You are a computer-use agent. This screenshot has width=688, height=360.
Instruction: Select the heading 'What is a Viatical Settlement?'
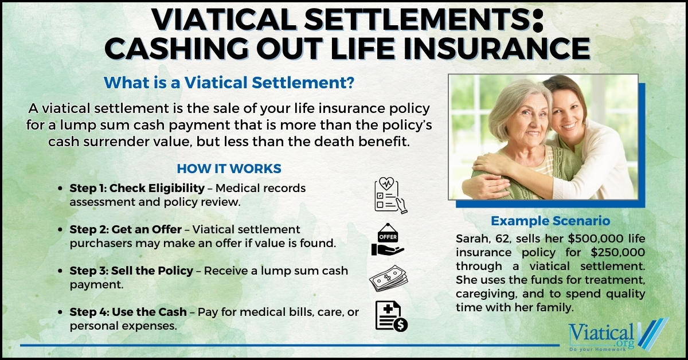(228, 83)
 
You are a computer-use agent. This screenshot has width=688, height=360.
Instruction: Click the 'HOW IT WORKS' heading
(229, 169)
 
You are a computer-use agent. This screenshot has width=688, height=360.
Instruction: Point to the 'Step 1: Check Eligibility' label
(137, 188)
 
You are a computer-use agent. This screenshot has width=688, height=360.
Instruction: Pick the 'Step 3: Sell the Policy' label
(131, 271)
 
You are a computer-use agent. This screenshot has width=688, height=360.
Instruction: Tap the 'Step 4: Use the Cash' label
(128, 312)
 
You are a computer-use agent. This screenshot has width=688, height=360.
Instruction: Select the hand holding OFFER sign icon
(388, 240)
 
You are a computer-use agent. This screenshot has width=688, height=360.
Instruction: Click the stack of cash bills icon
(388, 278)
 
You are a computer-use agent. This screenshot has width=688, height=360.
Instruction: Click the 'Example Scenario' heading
(550, 221)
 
